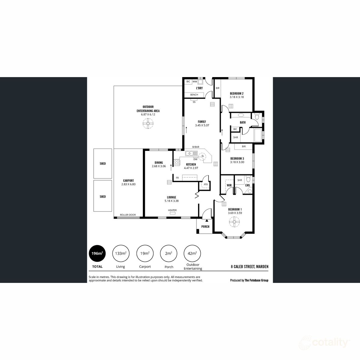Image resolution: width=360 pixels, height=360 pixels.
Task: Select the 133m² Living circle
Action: pos(121,253)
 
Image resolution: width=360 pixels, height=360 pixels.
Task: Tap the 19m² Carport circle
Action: pos(145,253)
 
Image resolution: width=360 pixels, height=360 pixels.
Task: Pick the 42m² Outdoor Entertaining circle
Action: pos(192,253)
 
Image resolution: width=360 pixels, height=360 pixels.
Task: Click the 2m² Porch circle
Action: pos(169,253)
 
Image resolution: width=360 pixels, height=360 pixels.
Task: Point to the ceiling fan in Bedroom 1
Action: pos(234,222)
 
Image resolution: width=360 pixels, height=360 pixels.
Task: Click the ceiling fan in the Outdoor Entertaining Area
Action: pos(148,123)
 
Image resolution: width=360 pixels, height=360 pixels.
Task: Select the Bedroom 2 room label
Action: pos(236,93)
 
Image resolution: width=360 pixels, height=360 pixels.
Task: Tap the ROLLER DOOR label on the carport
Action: pos(128,215)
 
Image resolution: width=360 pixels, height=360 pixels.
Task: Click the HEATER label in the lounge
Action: pos(172,210)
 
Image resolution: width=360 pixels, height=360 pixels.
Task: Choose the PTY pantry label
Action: pos(206,184)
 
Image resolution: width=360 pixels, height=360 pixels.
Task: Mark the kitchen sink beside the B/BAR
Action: pos(189,154)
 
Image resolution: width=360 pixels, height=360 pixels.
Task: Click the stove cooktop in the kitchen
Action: pos(177,163)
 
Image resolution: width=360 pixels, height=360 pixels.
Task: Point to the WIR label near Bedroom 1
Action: pos(229,185)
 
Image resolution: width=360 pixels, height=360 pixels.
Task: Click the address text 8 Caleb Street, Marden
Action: pos(249,266)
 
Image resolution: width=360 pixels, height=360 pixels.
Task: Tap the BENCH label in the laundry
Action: pos(194,95)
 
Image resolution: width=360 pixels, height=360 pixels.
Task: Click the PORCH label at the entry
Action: pos(205,226)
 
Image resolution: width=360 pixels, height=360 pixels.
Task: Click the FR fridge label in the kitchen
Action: pos(177,178)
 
